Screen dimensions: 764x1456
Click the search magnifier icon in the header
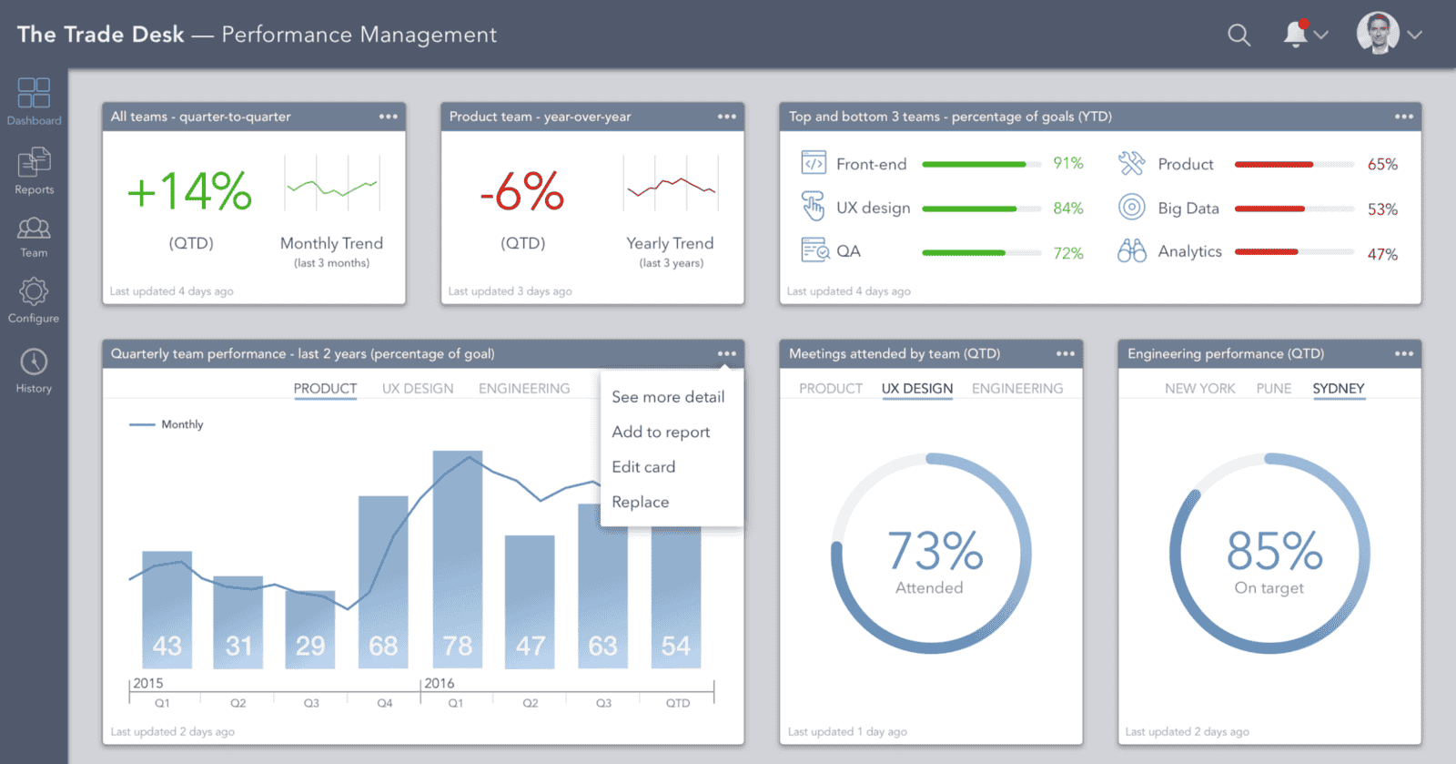tap(1239, 36)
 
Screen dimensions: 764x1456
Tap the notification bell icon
tap(1295, 35)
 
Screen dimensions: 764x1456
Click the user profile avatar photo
tap(1378, 34)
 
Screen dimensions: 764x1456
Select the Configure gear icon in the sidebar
tap(34, 292)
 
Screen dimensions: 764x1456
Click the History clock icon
tap(34, 362)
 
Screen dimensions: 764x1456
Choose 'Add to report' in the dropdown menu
tap(661, 432)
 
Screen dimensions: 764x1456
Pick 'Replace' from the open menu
tap(640, 502)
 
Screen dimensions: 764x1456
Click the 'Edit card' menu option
tap(643, 467)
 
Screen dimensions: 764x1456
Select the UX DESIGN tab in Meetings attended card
tap(916, 389)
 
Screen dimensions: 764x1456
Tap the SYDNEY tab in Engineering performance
tap(1338, 389)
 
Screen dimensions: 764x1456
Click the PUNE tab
tap(1273, 389)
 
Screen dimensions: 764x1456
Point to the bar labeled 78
tap(457, 560)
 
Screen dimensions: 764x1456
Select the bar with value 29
tap(310, 628)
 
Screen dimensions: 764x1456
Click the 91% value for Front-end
tap(1068, 164)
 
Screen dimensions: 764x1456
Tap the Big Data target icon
tap(1131, 208)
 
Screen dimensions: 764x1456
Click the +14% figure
tap(189, 191)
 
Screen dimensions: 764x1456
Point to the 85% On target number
tap(1273, 551)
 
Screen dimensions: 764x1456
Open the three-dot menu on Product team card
tap(726, 117)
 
